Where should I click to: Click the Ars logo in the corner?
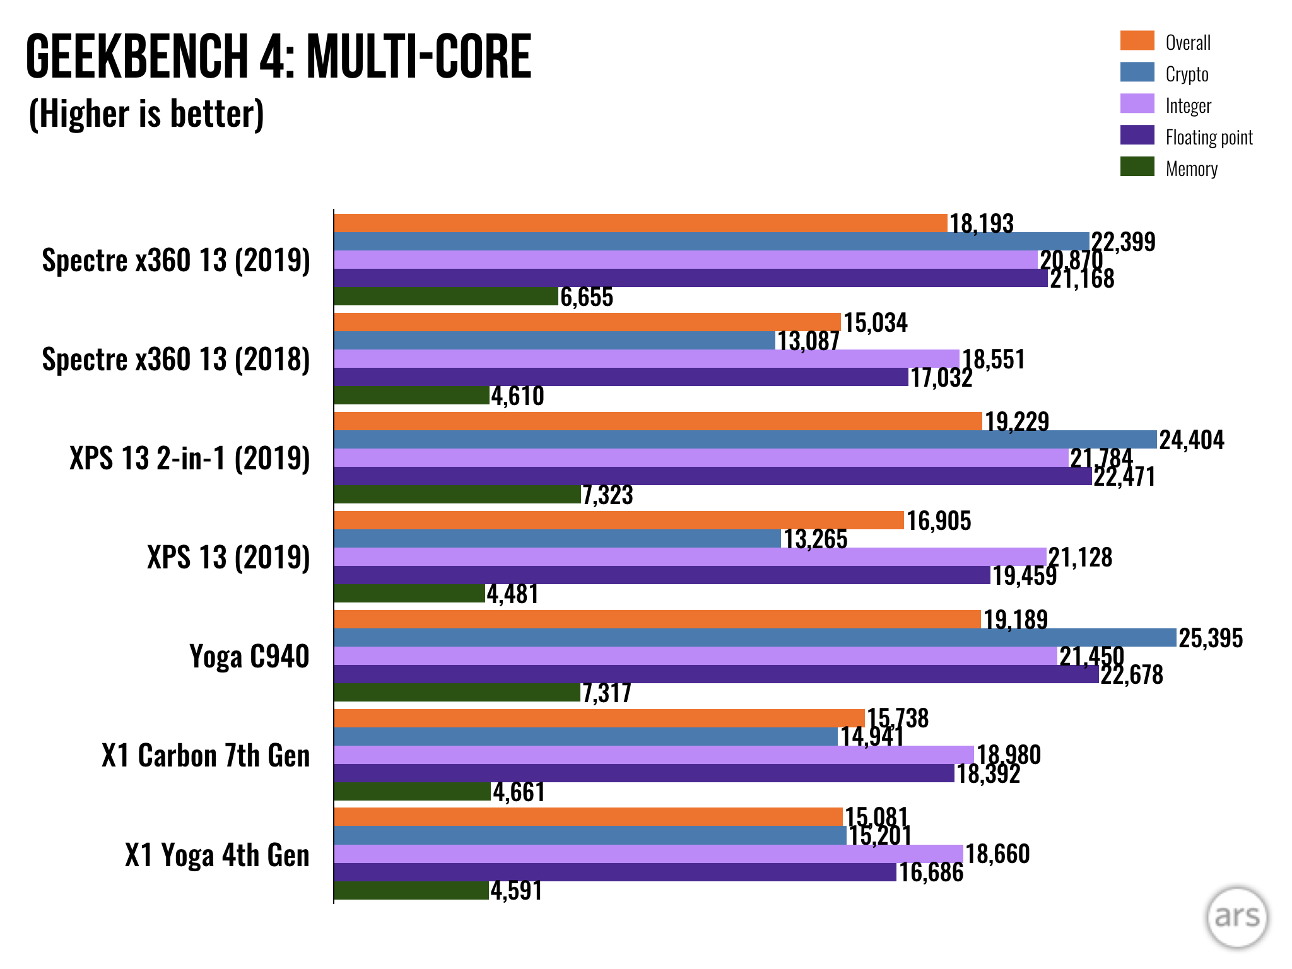coord(1236,917)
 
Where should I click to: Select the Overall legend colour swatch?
coord(1137,40)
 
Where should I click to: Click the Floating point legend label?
coord(1208,138)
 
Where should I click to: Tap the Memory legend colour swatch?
coord(1137,167)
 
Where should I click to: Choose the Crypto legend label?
coord(1187,74)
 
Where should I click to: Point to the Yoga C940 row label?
coord(249,657)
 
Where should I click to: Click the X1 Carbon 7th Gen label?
coord(206,756)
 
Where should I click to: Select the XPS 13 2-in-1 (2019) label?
coord(189,459)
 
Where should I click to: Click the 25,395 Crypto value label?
coord(1210,638)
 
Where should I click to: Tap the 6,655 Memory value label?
coord(587,297)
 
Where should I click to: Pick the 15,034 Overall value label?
coord(876,323)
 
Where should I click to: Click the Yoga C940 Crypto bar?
coord(755,638)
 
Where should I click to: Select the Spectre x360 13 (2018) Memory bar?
coord(411,396)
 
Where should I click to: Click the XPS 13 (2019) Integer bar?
coord(690,557)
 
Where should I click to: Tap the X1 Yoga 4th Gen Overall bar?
coord(588,817)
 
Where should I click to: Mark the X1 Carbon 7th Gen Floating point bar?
coord(643,773)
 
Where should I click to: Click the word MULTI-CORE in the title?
coord(419,57)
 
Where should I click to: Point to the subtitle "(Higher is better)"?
coord(146,114)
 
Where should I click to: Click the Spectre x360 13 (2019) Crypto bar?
coord(711,242)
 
